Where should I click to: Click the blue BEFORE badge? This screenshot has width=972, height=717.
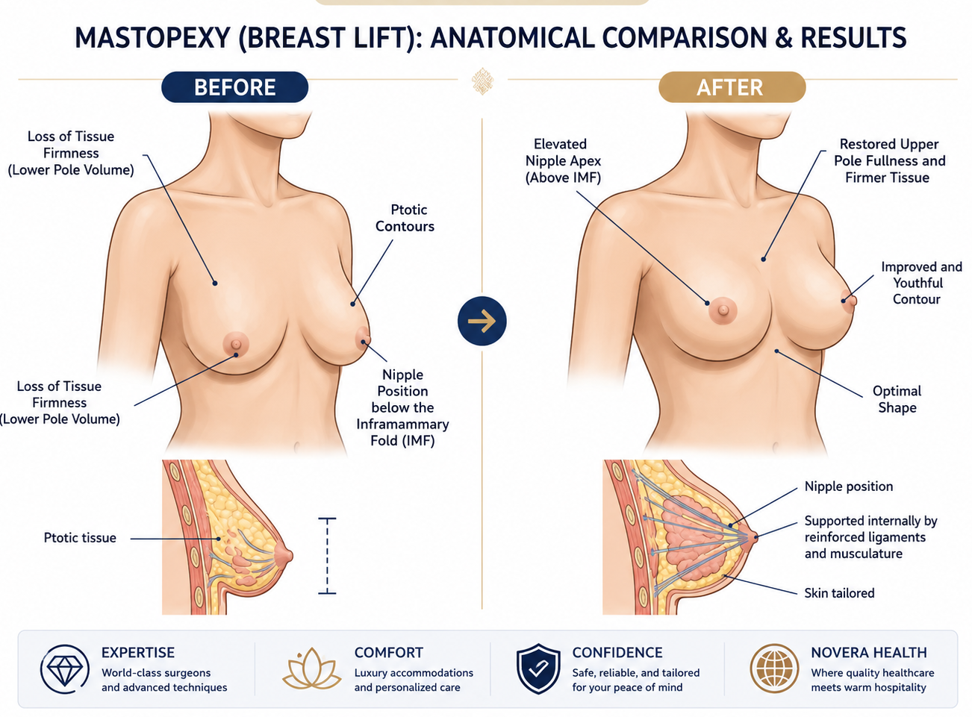coord(234,87)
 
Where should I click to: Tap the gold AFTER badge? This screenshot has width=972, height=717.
coord(732,87)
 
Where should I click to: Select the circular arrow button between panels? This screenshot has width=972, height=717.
coord(482,321)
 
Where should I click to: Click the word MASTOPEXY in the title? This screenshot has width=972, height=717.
coord(153,37)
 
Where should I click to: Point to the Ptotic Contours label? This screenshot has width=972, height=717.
coord(405,218)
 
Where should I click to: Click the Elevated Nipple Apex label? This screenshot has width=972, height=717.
coord(563,160)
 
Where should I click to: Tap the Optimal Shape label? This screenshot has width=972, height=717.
coord(897,399)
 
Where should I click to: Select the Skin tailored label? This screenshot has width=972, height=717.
coord(839,593)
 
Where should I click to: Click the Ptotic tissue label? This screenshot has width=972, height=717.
coord(80,538)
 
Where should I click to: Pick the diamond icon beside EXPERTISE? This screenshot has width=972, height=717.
coord(64,669)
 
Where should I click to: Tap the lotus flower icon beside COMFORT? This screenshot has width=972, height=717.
coord(311,669)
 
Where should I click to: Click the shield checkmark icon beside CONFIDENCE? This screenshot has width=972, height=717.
coord(538,669)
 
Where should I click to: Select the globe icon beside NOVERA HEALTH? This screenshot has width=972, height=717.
coord(775,669)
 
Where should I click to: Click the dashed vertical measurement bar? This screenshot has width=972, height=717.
coord(327,556)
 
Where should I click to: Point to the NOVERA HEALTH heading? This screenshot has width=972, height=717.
coord(868,653)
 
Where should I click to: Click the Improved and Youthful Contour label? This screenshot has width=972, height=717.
coord(921,283)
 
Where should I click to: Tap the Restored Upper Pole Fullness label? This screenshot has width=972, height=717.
coord(889,160)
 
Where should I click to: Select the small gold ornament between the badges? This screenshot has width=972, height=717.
coord(482,81)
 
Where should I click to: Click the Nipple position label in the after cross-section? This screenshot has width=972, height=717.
coord(848,486)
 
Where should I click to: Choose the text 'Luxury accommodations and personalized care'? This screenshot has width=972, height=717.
coord(414,680)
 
